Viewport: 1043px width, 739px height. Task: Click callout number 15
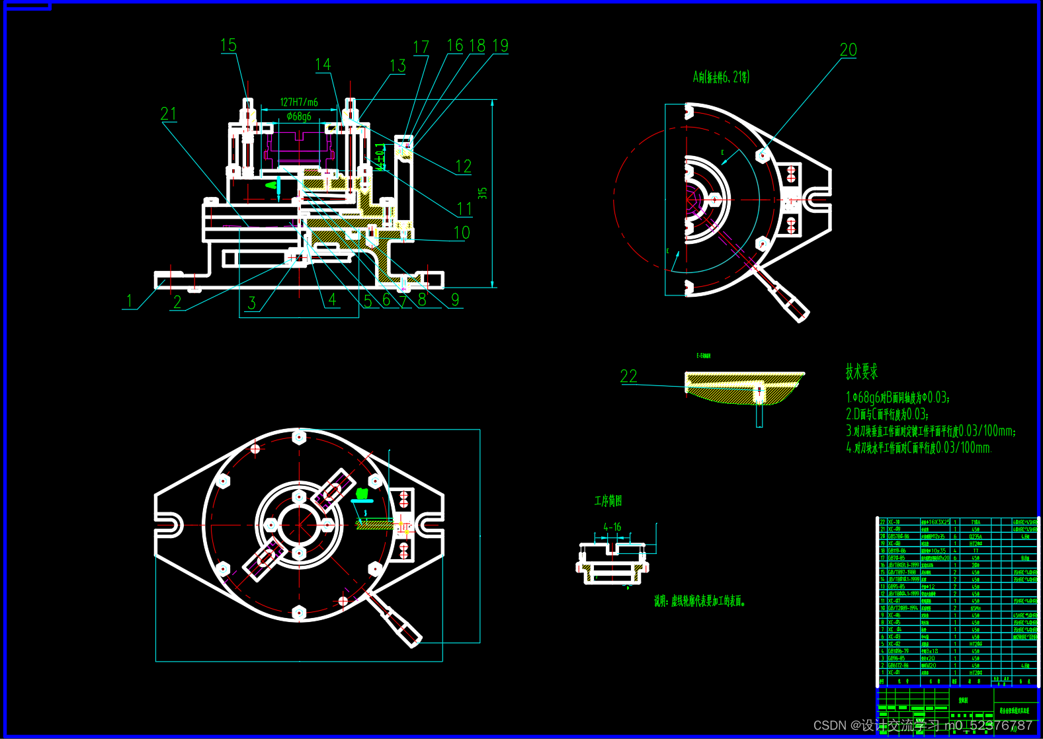coord(228,45)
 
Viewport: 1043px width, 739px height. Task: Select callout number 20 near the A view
coord(848,50)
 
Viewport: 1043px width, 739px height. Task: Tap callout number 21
coord(169,114)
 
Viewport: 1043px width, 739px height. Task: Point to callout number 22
coord(628,376)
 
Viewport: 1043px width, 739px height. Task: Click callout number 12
coord(464,166)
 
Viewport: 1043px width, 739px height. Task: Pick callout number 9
coord(455,299)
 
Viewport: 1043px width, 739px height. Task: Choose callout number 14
coord(323,64)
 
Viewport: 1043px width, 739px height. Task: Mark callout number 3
coord(252,303)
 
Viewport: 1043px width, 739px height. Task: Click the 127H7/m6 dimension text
coord(299,102)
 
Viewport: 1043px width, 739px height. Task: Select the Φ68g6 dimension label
coord(299,116)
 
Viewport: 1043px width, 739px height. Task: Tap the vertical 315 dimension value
coord(483,193)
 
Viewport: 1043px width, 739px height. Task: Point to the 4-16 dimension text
coord(612,527)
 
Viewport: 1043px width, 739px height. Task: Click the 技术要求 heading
coord(861,371)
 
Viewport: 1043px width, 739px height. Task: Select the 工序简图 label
coord(608,500)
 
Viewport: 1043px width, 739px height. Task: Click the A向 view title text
coord(721,77)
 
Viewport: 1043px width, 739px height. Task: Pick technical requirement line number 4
coord(919,448)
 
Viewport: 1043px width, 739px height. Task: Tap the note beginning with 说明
coord(700,601)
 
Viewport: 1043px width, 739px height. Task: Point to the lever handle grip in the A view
coord(790,302)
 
